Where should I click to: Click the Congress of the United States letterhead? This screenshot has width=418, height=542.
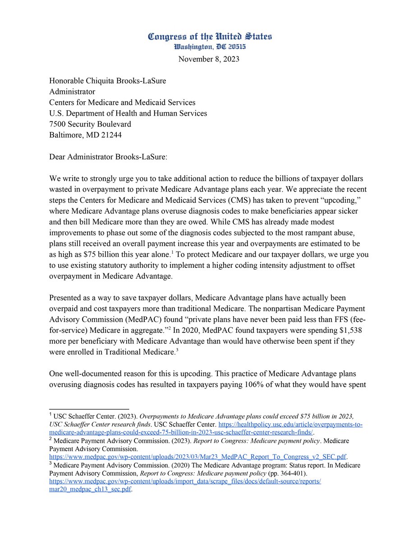tap(210, 37)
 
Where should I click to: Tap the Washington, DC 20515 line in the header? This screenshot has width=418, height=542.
tap(210, 47)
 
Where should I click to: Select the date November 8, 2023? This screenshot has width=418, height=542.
tap(209, 59)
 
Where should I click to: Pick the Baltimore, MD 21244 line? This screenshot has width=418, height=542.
tap(85, 135)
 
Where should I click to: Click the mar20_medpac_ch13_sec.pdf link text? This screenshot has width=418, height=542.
tap(90, 489)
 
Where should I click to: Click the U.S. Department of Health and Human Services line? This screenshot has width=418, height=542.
tap(128, 113)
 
